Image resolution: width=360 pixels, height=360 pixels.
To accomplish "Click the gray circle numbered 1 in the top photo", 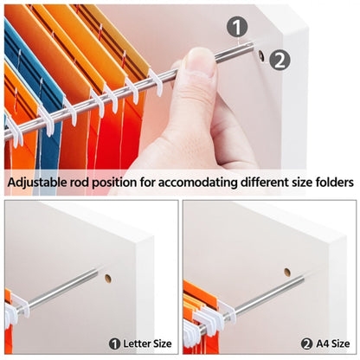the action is coord(237,27).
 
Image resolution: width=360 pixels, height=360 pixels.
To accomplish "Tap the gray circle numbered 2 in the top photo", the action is coord(280,60).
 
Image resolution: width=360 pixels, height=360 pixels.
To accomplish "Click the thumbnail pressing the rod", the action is coord(200,62).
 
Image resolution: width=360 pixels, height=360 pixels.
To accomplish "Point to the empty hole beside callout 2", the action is coord(261,55).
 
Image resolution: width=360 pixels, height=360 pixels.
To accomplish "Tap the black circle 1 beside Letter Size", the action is coord(114,344).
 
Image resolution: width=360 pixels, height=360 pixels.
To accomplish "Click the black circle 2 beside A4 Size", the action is coord(307,344).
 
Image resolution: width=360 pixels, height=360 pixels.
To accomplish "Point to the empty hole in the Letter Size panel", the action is coord(108,279).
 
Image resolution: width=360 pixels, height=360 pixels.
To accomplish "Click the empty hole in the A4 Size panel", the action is coord(287,272).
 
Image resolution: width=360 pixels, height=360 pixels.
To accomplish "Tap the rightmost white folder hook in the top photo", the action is coord(156,82).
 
